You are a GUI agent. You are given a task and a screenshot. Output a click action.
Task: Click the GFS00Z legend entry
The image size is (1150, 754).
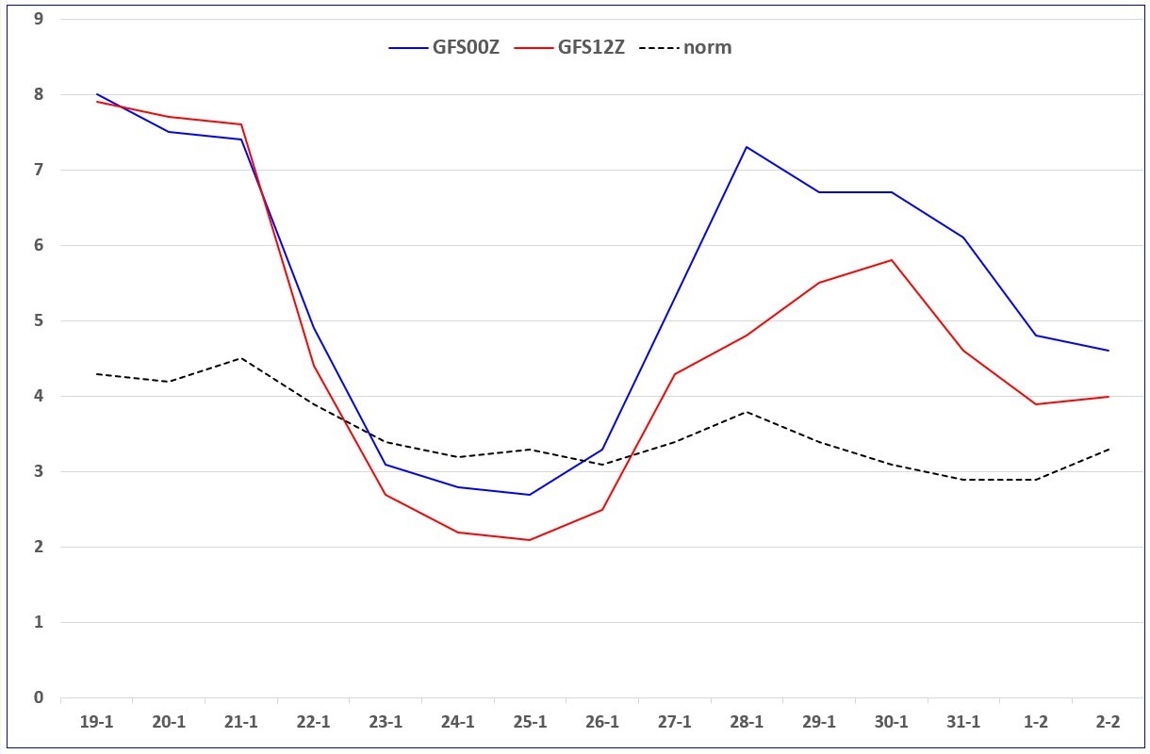(x=444, y=47)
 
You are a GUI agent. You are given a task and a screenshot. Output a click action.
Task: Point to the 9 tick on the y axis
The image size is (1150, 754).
(x=39, y=19)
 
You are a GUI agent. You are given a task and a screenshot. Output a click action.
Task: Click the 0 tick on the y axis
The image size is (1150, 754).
(x=39, y=697)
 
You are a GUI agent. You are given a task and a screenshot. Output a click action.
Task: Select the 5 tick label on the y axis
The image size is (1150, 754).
(x=39, y=320)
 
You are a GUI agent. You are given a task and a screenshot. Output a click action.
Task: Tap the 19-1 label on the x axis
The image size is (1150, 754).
(x=96, y=722)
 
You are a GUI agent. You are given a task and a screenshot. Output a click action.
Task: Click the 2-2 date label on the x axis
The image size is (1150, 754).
(x=1108, y=722)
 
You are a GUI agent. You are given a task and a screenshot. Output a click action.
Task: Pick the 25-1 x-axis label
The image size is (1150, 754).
(x=530, y=722)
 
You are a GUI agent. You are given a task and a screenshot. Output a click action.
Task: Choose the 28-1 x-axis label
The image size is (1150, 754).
(x=747, y=722)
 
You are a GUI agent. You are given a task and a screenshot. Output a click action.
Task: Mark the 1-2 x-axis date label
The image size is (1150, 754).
(x=1036, y=722)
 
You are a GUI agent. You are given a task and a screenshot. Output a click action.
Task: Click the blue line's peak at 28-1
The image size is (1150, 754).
(x=747, y=147)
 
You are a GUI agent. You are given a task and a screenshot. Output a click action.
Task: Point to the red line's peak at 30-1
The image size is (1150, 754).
(x=892, y=260)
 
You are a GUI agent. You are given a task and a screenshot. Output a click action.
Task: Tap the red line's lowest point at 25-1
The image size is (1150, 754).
(x=530, y=539)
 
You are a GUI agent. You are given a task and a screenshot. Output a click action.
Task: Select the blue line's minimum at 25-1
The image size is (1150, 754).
(x=530, y=494)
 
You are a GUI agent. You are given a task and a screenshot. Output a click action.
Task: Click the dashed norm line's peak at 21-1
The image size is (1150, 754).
(x=240, y=358)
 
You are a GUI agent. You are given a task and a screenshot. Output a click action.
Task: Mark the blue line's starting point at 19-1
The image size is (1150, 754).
(x=96, y=94)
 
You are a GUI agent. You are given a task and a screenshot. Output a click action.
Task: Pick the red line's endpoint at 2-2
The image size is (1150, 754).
(x=1109, y=396)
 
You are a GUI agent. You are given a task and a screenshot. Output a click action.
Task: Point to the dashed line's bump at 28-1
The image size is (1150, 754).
(x=747, y=412)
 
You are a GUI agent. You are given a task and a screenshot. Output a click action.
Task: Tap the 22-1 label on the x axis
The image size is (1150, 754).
(x=313, y=722)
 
